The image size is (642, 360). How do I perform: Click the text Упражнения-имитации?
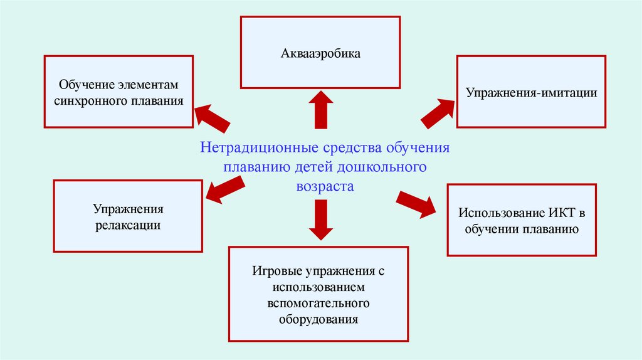point(530,93)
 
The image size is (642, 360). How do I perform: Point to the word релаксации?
point(128,225)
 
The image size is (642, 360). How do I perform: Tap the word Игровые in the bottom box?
point(275,272)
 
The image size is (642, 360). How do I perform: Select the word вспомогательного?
point(319,304)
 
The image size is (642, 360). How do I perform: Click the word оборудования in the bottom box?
point(318,319)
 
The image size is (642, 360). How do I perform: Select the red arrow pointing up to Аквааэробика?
point(320,109)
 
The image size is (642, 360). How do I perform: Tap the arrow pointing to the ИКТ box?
point(416,204)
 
